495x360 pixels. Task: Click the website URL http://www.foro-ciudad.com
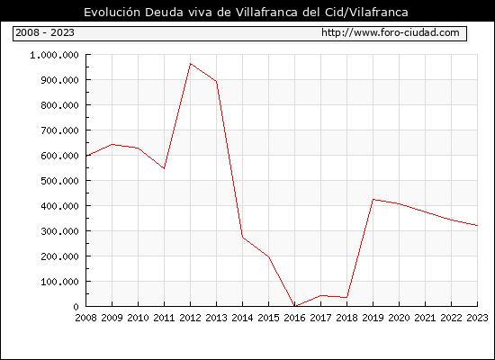pos(391,32)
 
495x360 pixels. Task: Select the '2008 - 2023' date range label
pos(45,32)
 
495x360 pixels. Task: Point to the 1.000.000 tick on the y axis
pos(54,55)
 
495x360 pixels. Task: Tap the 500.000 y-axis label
pos(59,181)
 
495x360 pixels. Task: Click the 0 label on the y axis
pos(76,307)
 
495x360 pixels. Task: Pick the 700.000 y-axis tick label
pos(59,130)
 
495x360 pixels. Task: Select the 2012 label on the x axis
pos(190,318)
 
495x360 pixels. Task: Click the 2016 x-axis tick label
pos(294,318)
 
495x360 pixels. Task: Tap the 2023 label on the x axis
pos(477,318)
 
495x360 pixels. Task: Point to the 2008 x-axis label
pos(85,318)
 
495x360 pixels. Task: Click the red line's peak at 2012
pos(191,64)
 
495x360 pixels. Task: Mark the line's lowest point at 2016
pos(295,306)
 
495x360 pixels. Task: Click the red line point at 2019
pos(373,200)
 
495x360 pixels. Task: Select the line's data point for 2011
pos(164,168)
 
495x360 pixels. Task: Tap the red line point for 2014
pos(242,237)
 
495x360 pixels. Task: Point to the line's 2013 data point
pos(216,81)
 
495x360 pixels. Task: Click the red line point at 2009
pos(112,145)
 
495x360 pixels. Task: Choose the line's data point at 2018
pos(346,298)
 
